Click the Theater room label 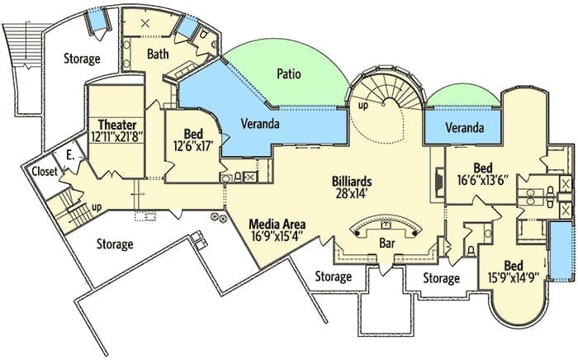pos(117,125)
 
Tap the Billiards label pos(351,182)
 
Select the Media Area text pos(277,224)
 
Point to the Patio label pos(289,73)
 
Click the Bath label pos(158,54)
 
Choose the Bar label pos(387,244)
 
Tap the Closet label pos(45,172)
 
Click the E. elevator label pos(70,156)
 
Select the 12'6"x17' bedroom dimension pos(193,145)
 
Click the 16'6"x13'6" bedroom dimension pos(483,181)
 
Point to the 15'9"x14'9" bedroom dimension pos(514,277)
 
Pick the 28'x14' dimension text pos(351,193)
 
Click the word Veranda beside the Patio pos(260,123)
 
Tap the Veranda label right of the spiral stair pos(464,128)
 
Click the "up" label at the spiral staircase pos(363,106)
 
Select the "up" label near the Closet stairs pos(97,207)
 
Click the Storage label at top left pos(82,59)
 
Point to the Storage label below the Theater pos(115,244)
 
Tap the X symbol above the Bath pos(145,24)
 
